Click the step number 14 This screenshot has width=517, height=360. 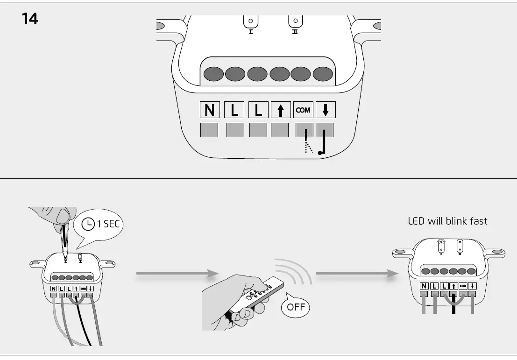(x=30, y=19)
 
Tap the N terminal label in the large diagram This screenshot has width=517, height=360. (x=210, y=110)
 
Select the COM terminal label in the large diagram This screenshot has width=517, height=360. (x=303, y=110)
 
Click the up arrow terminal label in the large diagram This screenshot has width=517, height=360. (x=280, y=110)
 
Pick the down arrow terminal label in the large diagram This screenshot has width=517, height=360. (x=326, y=110)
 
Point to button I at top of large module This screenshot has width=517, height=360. (x=251, y=22)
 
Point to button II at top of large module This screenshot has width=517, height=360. (x=295, y=22)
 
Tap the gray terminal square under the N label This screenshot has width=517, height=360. (x=209, y=130)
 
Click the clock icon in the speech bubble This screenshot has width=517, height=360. (x=88, y=224)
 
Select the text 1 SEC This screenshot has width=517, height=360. (x=108, y=224)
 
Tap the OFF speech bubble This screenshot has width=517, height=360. (x=295, y=307)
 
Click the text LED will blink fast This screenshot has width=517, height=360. (x=447, y=221)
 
